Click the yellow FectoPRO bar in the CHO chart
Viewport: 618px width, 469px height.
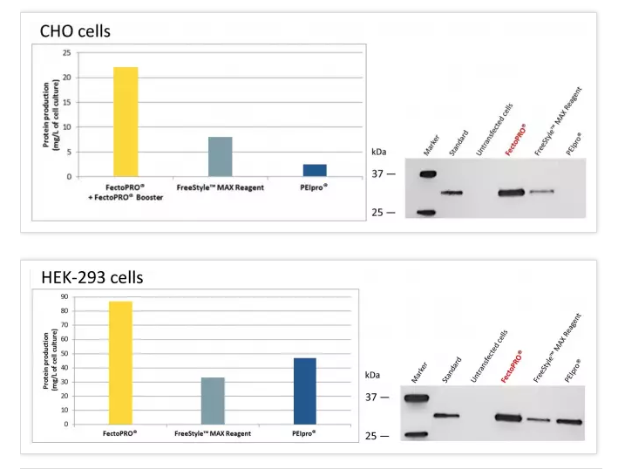pyautogui.click(x=126, y=122)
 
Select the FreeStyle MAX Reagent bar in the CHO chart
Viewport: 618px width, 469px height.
pyautogui.click(x=220, y=157)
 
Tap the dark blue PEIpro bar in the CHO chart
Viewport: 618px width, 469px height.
pyautogui.click(x=314, y=170)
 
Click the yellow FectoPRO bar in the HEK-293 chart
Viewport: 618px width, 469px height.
pyautogui.click(x=120, y=363)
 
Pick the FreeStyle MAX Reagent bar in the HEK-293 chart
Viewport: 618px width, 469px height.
pyautogui.click(x=213, y=401)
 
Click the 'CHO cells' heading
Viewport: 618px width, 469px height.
pyautogui.click(x=76, y=31)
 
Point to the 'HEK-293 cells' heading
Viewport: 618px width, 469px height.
pyautogui.click(x=92, y=278)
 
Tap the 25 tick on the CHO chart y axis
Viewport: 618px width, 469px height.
pyautogui.click(x=66, y=53)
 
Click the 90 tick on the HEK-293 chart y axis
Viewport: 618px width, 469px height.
pyautogui.click(x=65, y=298)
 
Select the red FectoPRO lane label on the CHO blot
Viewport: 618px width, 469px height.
pyautogui.click(x=517, y=140)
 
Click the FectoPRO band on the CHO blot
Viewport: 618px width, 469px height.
pyautogui.click(x=511, y=192)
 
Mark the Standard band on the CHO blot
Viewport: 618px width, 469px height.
pyautogui.click(x=451, y=192)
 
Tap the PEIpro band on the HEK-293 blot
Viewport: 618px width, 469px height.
pyautogui.click(x=569, y=422)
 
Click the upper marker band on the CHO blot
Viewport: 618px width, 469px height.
pyautogui.click(x=426, y=174)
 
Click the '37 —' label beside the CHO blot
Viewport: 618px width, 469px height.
pyautogui.click(x=384, y=174)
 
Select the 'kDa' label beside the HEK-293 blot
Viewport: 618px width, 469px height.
pyautogui.click(x=373, y=375)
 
